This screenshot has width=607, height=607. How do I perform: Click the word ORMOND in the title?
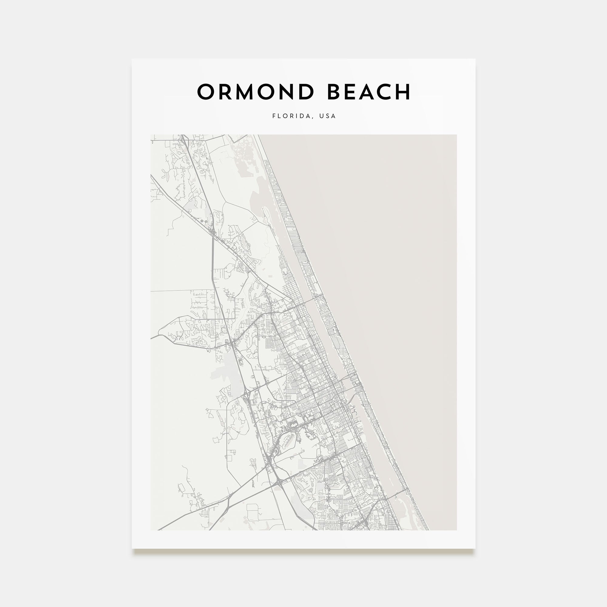click(x=256, y=92)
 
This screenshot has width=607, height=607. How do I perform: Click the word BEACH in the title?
click(x=369, y=92)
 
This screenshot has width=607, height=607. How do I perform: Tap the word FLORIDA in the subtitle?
click(x=291, y=116)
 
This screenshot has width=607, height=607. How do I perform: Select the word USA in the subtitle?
click(x=327, y=116)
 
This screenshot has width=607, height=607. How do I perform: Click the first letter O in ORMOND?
click(x=206, y=92)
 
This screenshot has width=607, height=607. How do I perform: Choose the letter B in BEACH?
click(x=335, y=92)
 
